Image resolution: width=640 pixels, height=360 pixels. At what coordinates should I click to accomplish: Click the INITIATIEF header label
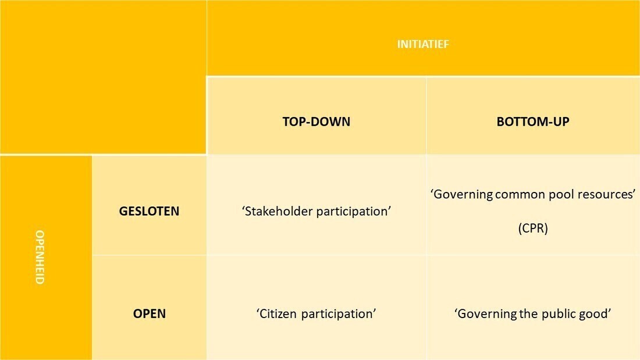423,44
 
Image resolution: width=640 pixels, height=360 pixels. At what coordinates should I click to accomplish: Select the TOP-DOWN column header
317,122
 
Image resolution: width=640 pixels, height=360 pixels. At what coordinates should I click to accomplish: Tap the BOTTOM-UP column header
532,122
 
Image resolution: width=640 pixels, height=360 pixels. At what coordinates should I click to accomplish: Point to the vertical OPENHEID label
40,257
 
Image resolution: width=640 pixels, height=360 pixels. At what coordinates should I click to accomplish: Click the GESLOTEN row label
149,211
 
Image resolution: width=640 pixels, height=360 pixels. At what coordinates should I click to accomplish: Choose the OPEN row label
150,313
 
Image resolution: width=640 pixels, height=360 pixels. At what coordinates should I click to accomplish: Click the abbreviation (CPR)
532,228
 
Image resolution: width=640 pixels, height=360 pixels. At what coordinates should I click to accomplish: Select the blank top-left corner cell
103,77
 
